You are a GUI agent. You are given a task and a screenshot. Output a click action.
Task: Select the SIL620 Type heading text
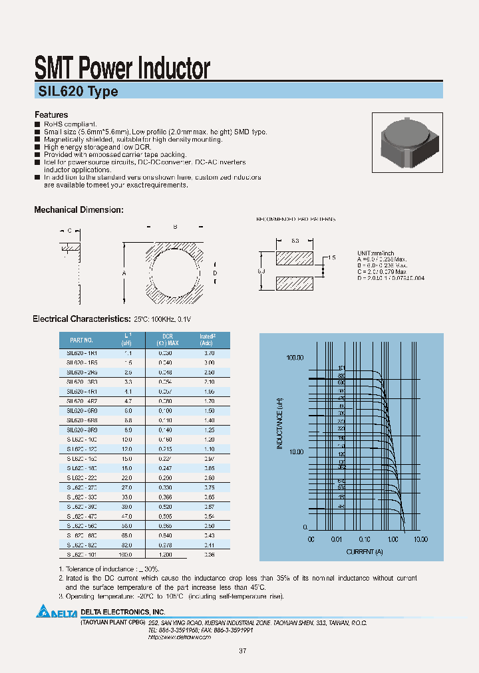tap(77, 92)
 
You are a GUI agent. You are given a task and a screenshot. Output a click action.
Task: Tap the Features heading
tap(51, 115)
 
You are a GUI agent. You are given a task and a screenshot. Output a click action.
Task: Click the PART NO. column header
tap(82, 340)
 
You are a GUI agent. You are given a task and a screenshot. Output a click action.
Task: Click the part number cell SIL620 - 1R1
tap(82, 353)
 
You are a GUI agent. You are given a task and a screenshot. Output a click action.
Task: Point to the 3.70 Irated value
tap(209, 353)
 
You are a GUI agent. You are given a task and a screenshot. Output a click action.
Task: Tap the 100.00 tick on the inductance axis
tap(294, 358)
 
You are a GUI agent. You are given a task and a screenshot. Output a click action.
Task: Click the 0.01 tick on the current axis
tap(339, 539)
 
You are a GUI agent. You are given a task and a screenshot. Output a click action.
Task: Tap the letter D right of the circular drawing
tap(215, 273)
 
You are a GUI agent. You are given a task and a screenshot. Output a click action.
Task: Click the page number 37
tap(242, 650)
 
